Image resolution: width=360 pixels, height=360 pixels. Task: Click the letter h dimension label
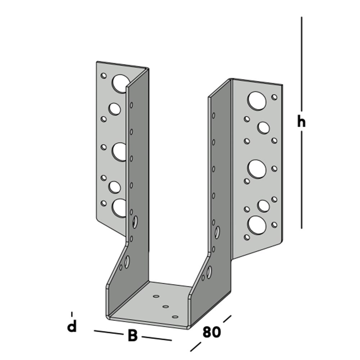[x=301, y=122]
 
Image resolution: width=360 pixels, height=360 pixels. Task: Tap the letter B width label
[x=132, y=336]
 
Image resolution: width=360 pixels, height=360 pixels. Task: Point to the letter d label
[x=72, y=327]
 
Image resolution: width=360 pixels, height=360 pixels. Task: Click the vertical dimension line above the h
[x=301, y=65]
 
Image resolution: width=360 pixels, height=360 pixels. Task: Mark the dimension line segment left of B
[x=108, y=332]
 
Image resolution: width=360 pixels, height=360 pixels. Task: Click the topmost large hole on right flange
[x=257, y=101]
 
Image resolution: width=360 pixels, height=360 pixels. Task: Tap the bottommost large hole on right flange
[x=257, y=225]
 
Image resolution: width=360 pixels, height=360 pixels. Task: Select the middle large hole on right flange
[x=257, y=168]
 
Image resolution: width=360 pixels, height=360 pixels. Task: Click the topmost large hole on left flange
[x=120, y=83]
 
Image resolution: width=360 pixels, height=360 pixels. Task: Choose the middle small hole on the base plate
[x=166, y=307]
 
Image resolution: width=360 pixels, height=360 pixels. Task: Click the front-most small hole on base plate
[x=175, y=317]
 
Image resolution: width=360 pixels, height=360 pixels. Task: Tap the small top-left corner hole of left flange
[x=104, y=76]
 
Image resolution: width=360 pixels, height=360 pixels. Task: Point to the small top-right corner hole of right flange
[x=274, y=97]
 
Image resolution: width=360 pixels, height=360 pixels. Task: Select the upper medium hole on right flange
[x=264, y=127]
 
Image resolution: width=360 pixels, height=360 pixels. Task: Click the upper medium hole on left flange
[x=114, y=109]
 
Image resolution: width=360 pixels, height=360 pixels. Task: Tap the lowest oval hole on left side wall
[x=127, y=262]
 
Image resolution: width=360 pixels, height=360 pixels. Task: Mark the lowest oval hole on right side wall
[x=209, y=272]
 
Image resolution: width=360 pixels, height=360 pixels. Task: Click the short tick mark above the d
[x=72, y=314]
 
